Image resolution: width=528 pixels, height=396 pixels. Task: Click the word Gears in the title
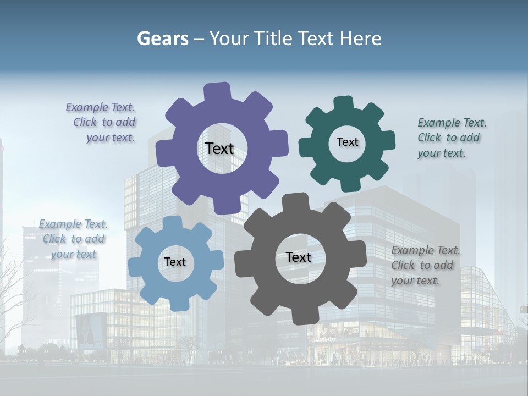162,38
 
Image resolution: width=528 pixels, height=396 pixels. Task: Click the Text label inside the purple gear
219,148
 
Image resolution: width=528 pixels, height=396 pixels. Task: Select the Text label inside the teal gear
347,142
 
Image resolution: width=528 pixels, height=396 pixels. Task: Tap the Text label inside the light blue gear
175,262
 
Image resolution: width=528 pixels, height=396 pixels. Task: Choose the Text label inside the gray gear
299,257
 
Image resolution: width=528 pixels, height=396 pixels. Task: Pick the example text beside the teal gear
451,137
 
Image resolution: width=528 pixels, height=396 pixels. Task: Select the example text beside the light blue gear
73,239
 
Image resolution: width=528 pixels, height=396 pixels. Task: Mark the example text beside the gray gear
425,265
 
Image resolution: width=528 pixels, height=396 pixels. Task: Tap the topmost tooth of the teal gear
344,103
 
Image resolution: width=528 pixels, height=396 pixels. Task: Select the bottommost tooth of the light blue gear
178,304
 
